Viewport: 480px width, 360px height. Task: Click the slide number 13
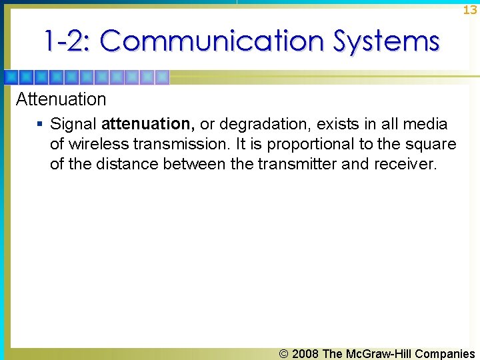tap(469, 10)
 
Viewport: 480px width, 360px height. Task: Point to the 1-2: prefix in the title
tap(68, 41)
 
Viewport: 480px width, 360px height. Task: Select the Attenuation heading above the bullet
tap(61, 99)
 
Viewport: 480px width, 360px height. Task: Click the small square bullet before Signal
tap(40, 124)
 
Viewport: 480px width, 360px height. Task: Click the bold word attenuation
tap(147, 124)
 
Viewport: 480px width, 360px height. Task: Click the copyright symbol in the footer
tap(283, 354)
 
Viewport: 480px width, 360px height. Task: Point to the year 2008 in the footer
tap(305, 354)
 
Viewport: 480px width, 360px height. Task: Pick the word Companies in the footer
tap(445, 354)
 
